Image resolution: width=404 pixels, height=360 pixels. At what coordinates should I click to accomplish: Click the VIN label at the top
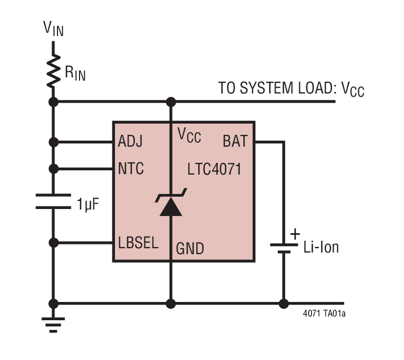pyautogui.click(x=53, y=28)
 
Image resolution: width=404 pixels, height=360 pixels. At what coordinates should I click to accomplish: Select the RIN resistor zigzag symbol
pyautogui.click(x=53, y=71)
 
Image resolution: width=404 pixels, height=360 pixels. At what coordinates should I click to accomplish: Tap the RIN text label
pyautogui.click(x=75, y=74)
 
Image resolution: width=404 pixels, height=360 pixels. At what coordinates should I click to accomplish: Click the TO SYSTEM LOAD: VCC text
pyautogui.click(x=291, y=89)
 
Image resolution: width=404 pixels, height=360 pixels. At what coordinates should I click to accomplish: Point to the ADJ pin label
pyautogui.click(x=131, y=142)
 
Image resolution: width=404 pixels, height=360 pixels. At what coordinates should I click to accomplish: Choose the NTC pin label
pyautogui.click(x=131, y=169)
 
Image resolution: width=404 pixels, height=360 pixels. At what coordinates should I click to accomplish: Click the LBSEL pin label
pyautogui.click(x=138, y=243)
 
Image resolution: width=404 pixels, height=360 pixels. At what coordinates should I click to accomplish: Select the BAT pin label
pyautogui.click(x=235, y=142)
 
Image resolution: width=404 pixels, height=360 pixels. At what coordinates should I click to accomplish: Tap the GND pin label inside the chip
pyautogui.click(x=190, y=248)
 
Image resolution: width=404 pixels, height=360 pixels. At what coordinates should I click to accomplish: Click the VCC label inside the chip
pyautogui.click(x=189, y=136)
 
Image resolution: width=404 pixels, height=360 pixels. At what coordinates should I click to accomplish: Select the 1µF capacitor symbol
pyautogui.click(x=53, y=201)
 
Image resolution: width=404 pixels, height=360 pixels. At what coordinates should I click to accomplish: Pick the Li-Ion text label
pyautogui.click(x=321, y=248)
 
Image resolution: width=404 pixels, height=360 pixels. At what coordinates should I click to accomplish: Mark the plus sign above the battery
pyautogui.click(x=294, y=234)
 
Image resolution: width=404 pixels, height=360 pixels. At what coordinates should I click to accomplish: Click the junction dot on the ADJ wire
pyautogui.click(x=53, y=142)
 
